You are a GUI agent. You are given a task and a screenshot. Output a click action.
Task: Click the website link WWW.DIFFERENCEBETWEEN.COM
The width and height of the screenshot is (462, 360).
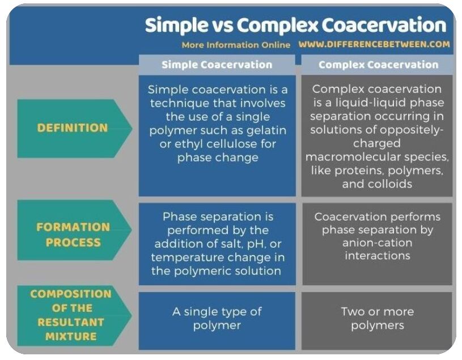(x=374, y=44)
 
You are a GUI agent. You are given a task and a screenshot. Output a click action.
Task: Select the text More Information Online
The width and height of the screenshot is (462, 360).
(x=236, y=45)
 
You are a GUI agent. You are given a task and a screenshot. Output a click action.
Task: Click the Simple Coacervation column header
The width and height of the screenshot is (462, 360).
(x=217, y=65)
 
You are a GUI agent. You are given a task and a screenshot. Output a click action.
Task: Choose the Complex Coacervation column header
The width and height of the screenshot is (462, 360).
(x=378, y=65)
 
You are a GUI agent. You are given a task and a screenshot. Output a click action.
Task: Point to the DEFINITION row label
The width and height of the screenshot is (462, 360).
(x=73, y=128)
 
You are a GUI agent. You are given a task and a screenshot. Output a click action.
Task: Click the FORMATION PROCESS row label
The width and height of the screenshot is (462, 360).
(x=73, y=235)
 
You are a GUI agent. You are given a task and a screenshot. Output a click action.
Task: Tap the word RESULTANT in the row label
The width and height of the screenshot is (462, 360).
(x=71, y=322)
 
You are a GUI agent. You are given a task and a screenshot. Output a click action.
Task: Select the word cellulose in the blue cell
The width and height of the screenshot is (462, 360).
(x=228, y=144)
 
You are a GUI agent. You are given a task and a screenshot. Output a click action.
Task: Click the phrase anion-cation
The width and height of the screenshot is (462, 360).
(x=378, y=243)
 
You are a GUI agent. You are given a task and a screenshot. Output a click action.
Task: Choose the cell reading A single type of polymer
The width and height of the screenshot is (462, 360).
(x=217, y=319)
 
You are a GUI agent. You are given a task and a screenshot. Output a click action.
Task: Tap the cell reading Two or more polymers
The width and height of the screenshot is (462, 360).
(x=378, y=319)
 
